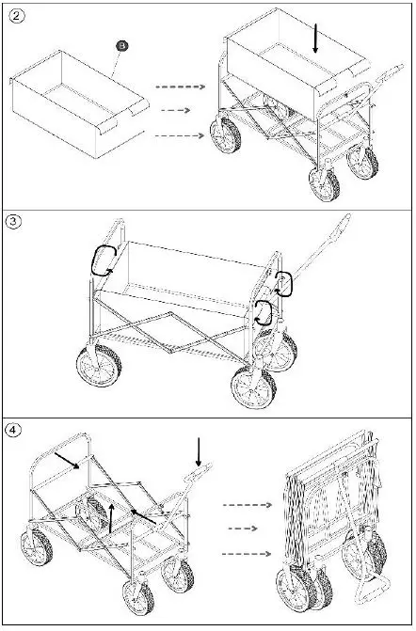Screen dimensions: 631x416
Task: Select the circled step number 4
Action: click(x=14, y=430)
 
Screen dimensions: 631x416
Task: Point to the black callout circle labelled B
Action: click(x=121, y=45)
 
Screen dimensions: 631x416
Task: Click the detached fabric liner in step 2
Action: click(x=80, y=103)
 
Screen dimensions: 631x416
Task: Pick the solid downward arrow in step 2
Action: click(x=316, y=38)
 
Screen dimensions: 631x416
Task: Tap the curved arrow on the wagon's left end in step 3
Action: click(x=101, y=258)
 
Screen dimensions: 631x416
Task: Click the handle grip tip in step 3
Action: click(x=347, y=222)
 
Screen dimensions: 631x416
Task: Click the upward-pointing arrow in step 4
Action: click(x=111, y=516)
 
